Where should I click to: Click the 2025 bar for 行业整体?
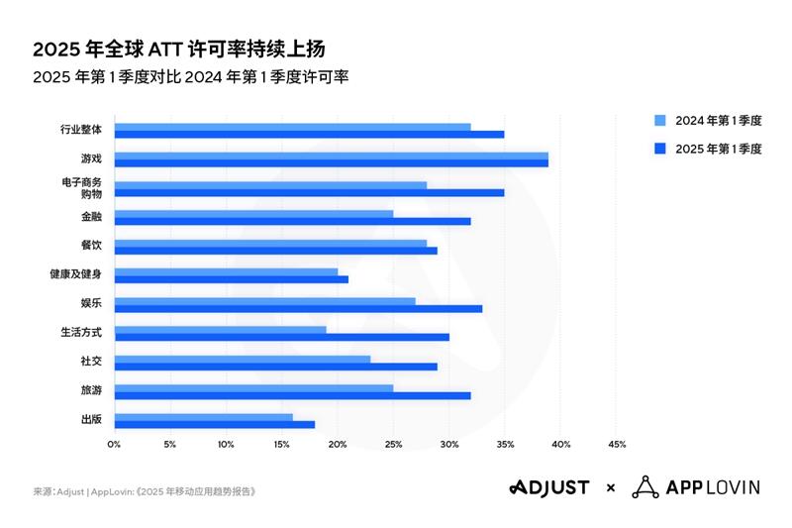point(309,134)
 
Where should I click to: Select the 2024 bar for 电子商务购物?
point(270,185)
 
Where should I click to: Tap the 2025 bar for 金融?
point(292,221)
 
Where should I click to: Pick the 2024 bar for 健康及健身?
point(226,271)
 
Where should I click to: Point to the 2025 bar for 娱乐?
point(298,308)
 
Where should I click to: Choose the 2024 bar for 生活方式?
point(220,329)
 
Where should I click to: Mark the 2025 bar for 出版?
point(214,424)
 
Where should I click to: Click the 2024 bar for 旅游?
point(253,386)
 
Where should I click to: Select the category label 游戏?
point(91,158)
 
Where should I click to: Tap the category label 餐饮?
point(91,245)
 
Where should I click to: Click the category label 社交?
point(91,362)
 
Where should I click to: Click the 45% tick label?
point(616,444)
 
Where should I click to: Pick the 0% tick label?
point(114,444)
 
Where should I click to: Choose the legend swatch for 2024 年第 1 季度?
point(659,121)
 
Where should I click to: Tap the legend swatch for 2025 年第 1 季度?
point(659,149)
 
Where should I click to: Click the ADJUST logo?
point(549,487)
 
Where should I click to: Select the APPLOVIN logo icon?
point(645,487)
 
